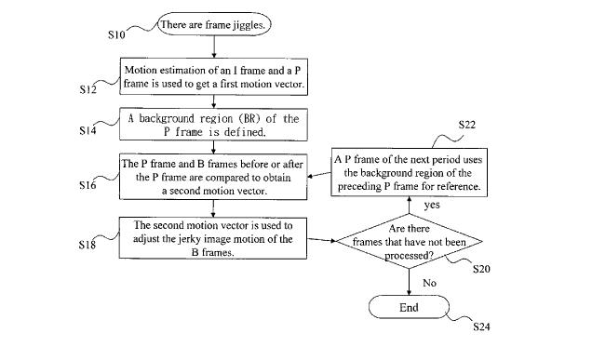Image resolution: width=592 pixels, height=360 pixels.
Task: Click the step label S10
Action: tap(116, 34)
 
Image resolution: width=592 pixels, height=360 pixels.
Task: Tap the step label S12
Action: tap(88, 89)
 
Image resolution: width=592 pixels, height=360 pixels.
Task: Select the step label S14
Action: tap(87, 130)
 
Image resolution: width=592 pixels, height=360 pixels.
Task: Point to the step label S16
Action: tap(87, 185)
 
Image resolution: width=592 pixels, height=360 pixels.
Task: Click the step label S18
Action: tap(87, 245)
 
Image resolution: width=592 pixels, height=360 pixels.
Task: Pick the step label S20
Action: tap(481, 269)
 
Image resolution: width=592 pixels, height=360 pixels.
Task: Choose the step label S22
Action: tap(467, 125)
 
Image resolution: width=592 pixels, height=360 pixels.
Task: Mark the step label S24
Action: tap(481, 327)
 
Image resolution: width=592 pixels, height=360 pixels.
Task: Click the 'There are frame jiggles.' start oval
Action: tap(214, 24)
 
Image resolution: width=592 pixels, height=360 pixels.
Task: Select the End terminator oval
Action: tap(409, 307)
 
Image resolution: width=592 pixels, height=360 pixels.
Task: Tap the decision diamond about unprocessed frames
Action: tap(410, 241)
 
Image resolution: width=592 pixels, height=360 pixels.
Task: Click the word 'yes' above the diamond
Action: tap(432, 206)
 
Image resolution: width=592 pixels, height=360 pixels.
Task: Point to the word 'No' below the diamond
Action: tap(430, 283)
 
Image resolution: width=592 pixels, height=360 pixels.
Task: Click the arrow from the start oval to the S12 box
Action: tap(214, 47)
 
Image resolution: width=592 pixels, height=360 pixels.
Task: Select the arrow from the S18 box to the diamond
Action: tap(321, 240)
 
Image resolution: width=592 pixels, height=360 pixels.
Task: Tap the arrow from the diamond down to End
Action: tap(409, 282)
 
